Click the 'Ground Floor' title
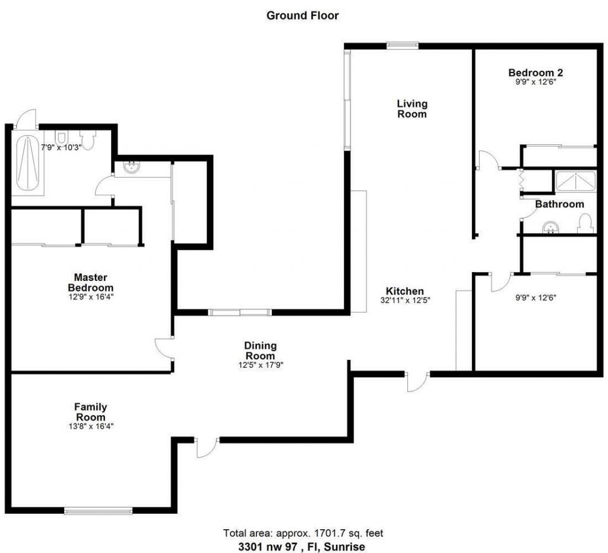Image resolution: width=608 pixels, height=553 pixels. click(x=302, y=15)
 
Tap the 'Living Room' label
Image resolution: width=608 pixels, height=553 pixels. click(x=412, y=109)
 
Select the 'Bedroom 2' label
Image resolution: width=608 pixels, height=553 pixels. click(x=536, y=73)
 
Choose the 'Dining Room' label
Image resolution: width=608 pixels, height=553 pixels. click(x=260, y=350)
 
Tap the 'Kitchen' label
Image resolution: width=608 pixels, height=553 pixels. click(x=405, y=291)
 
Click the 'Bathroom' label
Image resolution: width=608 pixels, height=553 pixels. click(x=559, y=204)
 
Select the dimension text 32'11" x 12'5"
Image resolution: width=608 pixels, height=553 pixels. click(x=405, y=301)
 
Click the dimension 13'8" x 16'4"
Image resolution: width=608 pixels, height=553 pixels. click(x=91, y=426)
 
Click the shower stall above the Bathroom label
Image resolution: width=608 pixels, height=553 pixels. click(x=575, y=181)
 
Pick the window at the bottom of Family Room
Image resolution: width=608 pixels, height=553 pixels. click(x=99, y=510)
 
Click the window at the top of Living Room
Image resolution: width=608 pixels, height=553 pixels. click(x=403, y=45)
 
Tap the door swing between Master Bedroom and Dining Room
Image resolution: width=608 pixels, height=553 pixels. click(x=163, y=347)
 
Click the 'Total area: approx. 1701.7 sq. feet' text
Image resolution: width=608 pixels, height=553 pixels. click(x=307, y=533)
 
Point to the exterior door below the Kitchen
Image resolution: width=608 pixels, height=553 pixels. click(x=417, y=383)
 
